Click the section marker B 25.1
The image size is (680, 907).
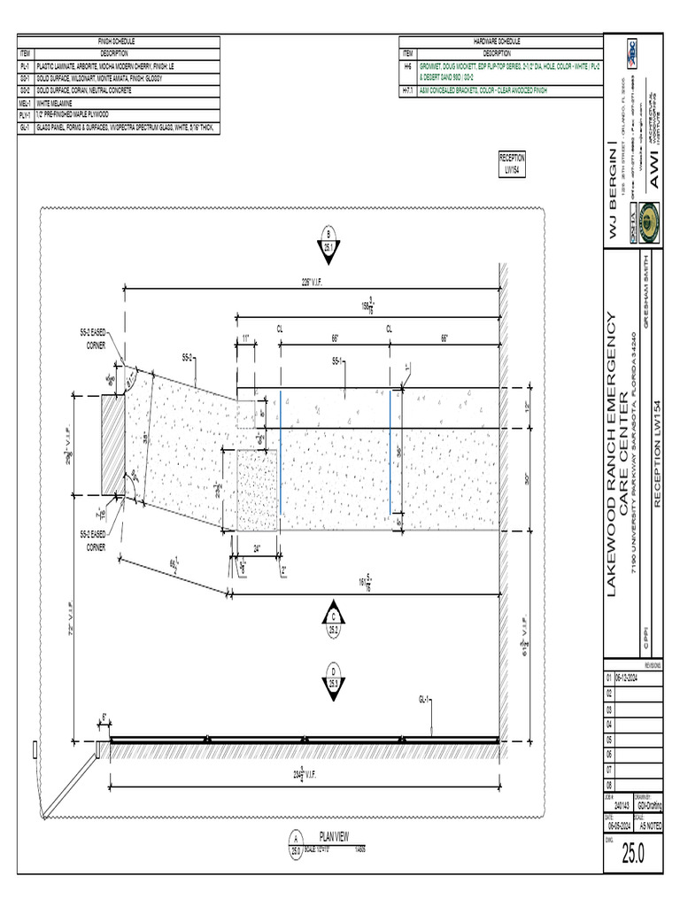coord(328,242)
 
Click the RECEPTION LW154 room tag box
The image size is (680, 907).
coord(513,163)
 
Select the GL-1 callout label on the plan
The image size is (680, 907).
coord(424,700)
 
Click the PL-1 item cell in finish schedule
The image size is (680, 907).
coord(25,66)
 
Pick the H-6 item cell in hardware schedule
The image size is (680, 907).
coord(407,66)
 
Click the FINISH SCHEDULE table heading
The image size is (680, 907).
coord(116,41)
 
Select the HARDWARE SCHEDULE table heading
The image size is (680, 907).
coord(501,41)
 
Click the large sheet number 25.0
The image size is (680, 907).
coord(633,854)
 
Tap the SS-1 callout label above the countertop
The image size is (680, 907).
coord(337,361)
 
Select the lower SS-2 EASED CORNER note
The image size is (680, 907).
coord(95,540)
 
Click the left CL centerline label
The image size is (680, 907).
coord(280,328)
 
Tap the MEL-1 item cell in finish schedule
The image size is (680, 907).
coord(25,103)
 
